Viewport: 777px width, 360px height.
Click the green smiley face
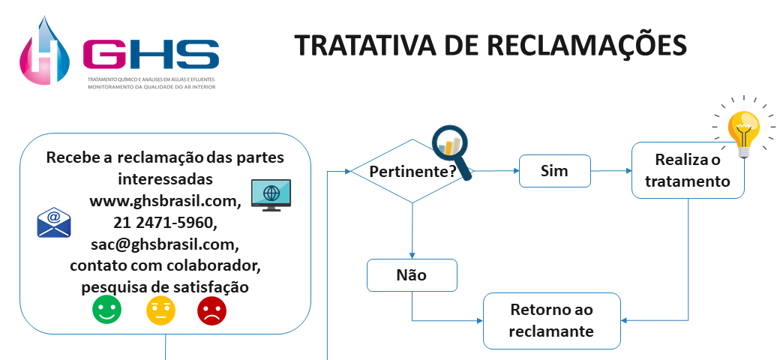tap(106, 310)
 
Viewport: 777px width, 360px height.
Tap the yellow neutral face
tap(160, 310)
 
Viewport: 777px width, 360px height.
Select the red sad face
tap(211, 310)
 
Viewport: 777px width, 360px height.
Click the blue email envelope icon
tap(54, 223)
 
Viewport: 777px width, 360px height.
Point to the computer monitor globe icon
tap(271, 194)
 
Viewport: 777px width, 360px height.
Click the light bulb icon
tap(745, 130)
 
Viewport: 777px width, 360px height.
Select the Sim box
tap(555, 171)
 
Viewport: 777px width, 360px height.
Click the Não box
tap(412, 275)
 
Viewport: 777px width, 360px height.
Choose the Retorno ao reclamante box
tap(552, 320)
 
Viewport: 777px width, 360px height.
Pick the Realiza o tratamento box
tap(688, 170)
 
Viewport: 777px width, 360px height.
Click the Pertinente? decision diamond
tap(412, 171)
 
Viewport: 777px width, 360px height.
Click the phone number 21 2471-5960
tap(165, 223)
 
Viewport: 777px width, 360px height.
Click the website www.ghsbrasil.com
tap(165, 201)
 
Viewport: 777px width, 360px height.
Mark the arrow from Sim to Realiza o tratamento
tap(611, 171)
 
